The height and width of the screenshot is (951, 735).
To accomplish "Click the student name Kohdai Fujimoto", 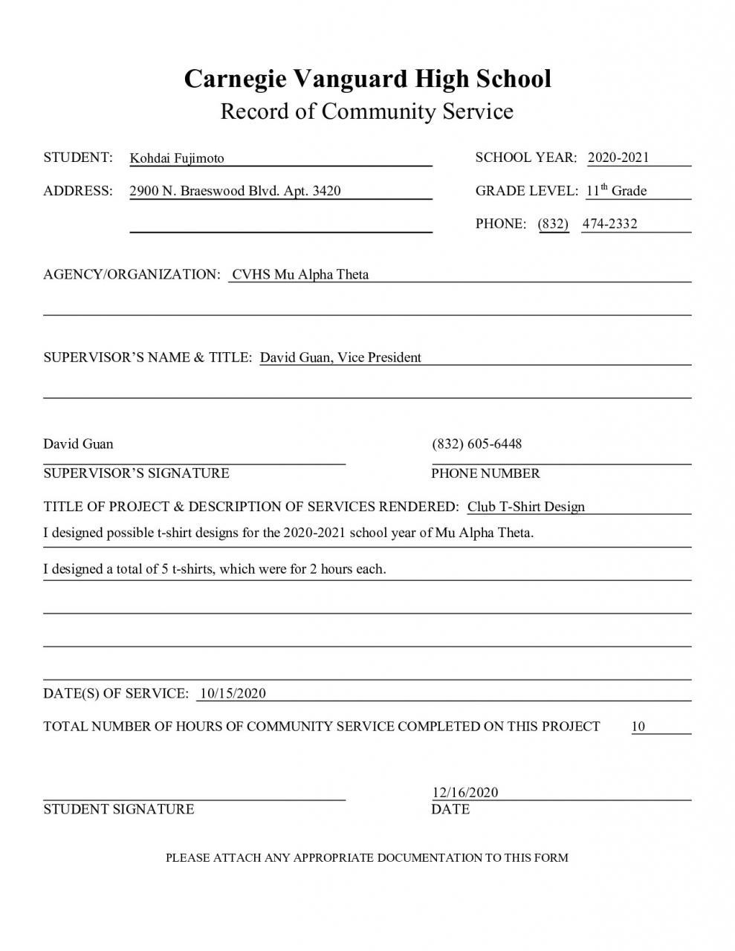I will [177, 158].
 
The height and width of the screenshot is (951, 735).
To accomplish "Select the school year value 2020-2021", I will [618, 158].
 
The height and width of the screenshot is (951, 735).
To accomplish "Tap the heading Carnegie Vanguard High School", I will [367, 79].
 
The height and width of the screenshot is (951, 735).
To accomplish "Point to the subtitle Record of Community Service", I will [367, 111].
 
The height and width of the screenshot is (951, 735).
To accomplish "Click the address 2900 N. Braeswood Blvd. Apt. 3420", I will [235, 191].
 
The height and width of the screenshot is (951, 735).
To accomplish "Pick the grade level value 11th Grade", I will [616, 191].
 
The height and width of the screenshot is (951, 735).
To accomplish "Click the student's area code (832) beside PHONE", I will [553, 224].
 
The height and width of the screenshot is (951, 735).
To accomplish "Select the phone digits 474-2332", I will [609, 224].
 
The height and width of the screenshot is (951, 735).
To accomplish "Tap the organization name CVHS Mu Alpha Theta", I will [300, 274].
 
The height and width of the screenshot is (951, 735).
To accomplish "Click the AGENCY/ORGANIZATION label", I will [132, 274].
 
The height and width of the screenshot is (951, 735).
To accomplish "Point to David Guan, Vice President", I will [340, 357].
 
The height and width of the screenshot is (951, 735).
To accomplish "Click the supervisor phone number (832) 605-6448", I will [477, 444].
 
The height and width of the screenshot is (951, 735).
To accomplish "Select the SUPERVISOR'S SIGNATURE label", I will [136, 473].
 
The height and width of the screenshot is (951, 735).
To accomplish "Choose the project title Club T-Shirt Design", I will [525, 507].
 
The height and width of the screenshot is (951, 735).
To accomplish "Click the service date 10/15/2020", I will [233, 693].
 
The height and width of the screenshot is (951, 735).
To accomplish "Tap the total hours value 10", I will [638, 727].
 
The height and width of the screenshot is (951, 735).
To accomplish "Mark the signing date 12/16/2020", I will [465, 792].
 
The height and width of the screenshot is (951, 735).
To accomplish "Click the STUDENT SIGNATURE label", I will [119, 809].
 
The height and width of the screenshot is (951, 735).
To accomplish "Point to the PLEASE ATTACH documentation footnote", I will [366, 857].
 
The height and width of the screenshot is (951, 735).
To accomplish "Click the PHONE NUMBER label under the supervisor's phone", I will [485, 473].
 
